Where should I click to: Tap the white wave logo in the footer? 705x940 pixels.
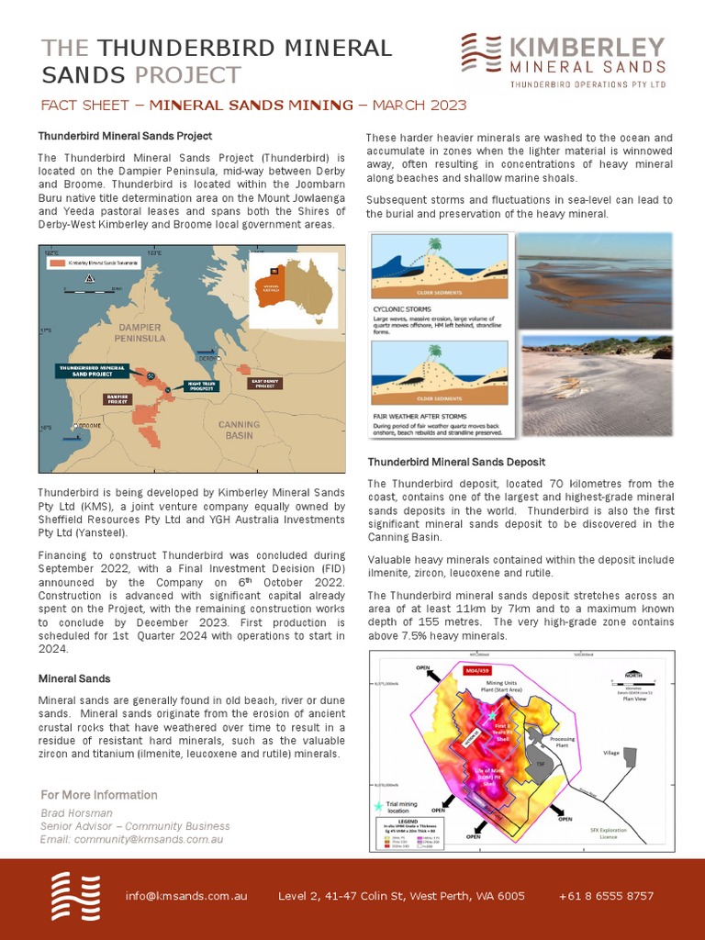click(75, 895)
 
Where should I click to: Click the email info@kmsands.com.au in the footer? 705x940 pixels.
click(186, 896)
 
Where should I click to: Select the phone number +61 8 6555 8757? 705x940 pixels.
click(606, 896)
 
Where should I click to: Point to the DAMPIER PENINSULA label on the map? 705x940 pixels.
click(140, 332)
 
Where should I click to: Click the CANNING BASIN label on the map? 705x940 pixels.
click(239, 430)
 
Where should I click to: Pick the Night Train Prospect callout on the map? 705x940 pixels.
click(201, 386)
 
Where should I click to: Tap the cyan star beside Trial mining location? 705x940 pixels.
click(379, 805)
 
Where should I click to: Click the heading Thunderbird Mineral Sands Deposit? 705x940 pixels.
click(456, 462)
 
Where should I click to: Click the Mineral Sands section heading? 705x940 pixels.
click(73, 678)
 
